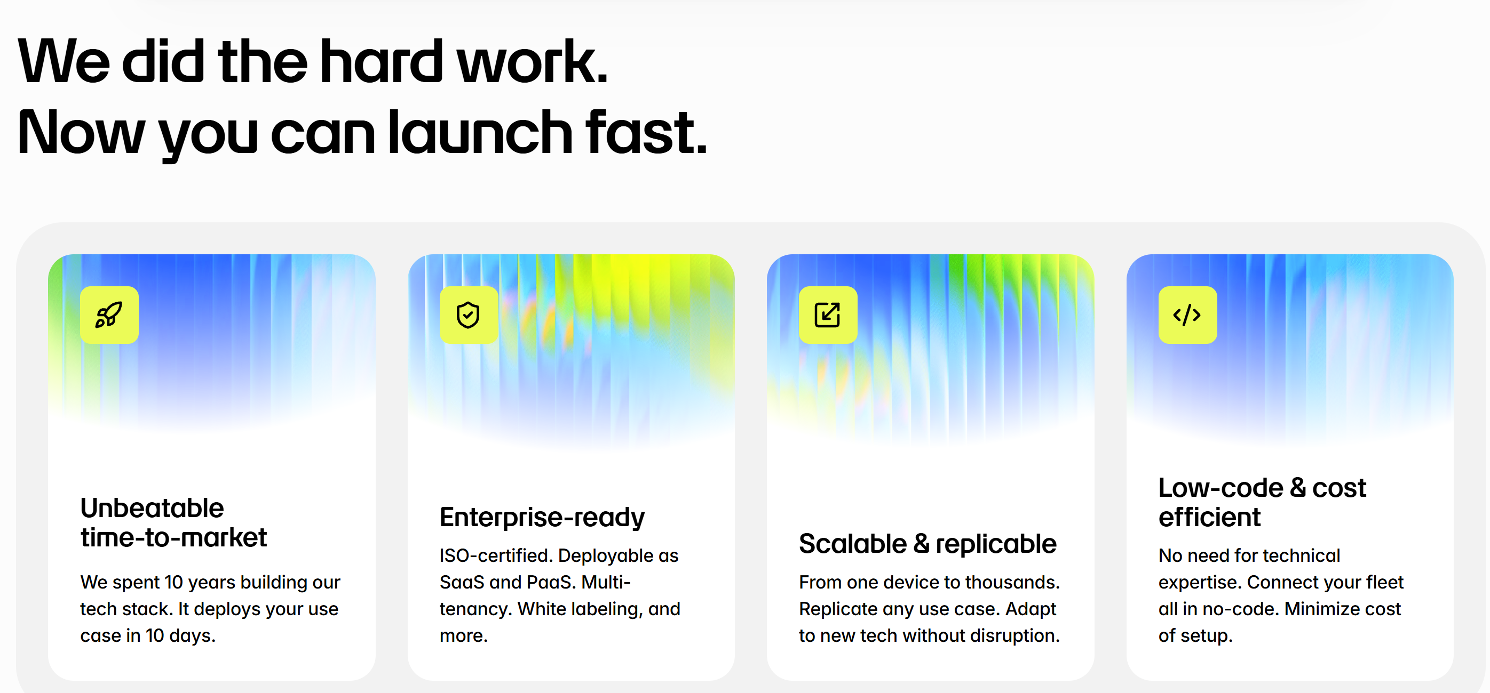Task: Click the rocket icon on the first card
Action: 109,315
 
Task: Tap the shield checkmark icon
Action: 468,315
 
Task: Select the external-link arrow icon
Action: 828,315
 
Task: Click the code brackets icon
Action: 1187,315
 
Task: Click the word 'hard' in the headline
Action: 381,61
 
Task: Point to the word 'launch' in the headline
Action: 480,132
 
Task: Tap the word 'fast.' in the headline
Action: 647,132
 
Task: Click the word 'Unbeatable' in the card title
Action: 152,508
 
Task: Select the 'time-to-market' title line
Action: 173,537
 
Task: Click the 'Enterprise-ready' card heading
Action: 542,517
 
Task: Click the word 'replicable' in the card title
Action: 996,544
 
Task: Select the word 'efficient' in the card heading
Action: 1209,517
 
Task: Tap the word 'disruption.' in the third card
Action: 1015,635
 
